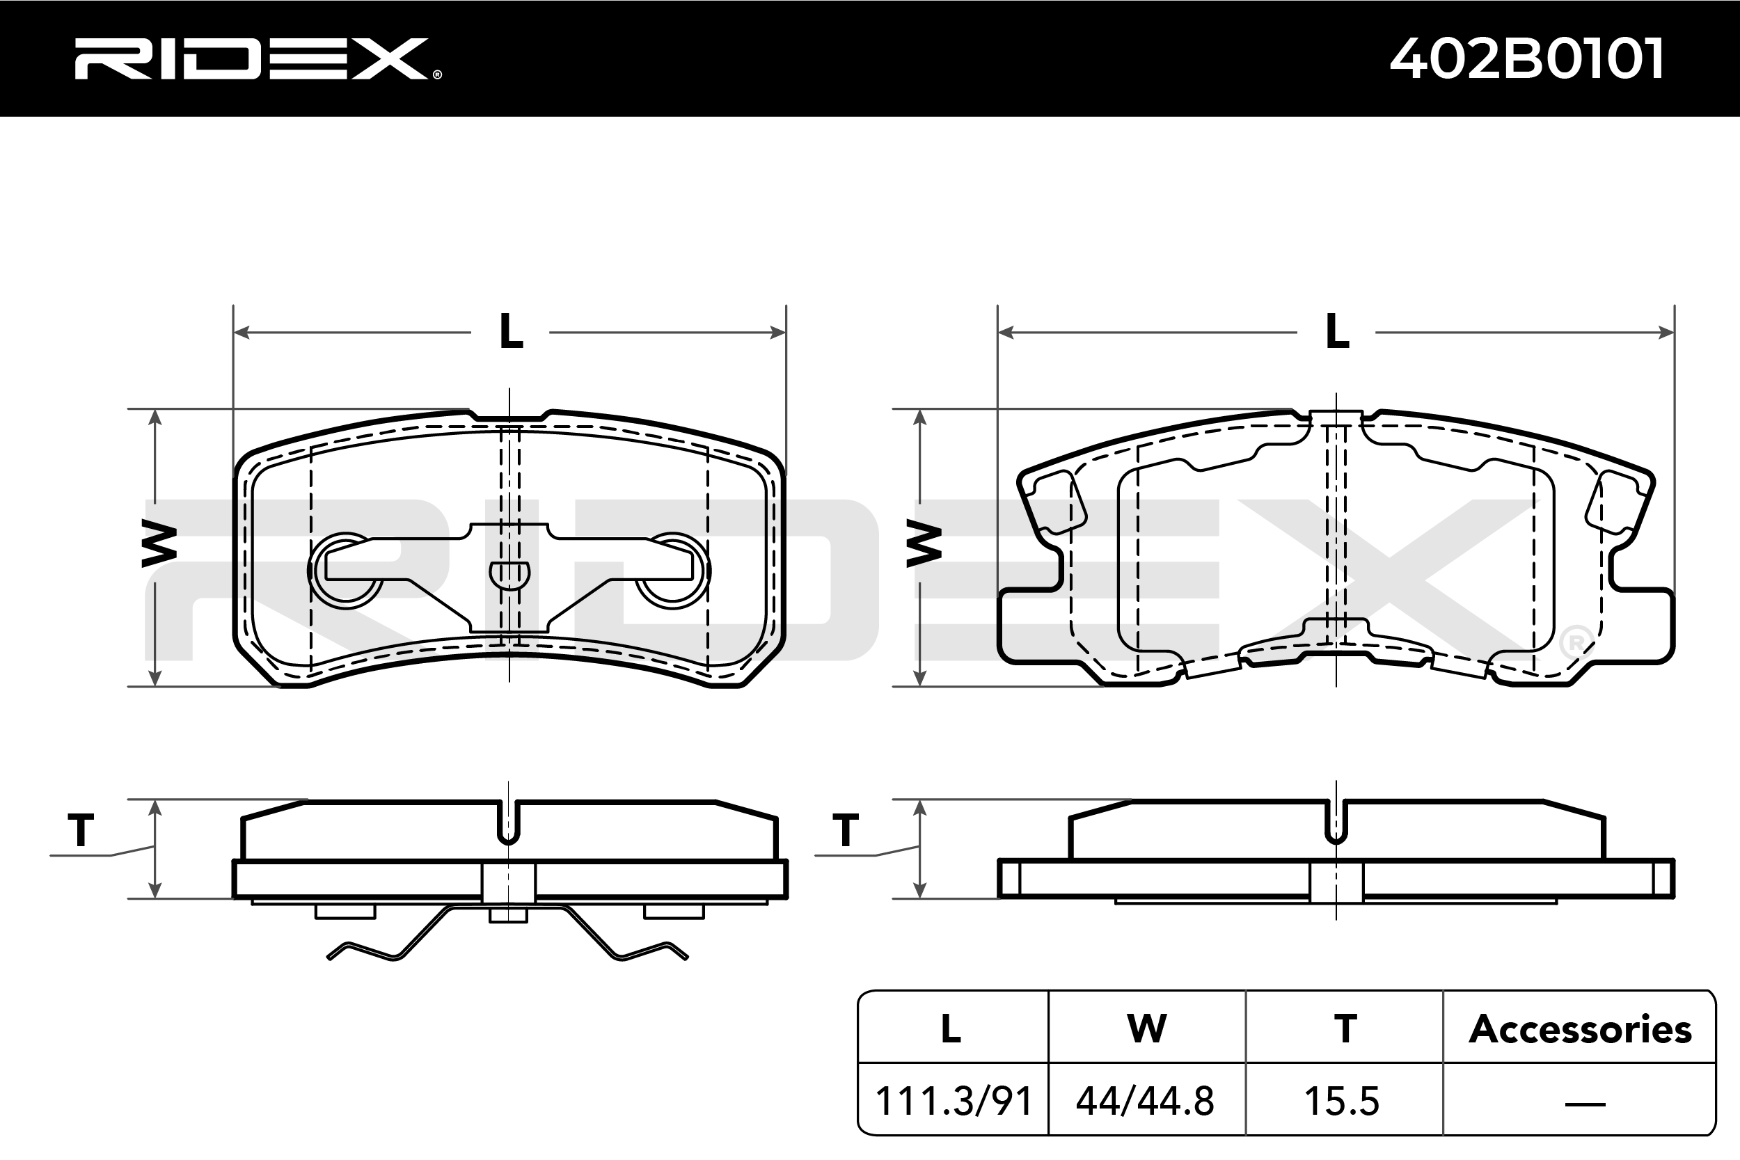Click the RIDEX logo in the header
(251, 59)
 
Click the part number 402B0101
(1527, 58)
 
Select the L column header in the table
(951, 1028)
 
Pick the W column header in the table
(1147, 1028)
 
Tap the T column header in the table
(1345, 1028)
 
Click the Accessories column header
(1580, 1029)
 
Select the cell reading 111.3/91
(954, 1102)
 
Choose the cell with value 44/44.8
(1145, 1102)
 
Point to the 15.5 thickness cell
(1342, 1102)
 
